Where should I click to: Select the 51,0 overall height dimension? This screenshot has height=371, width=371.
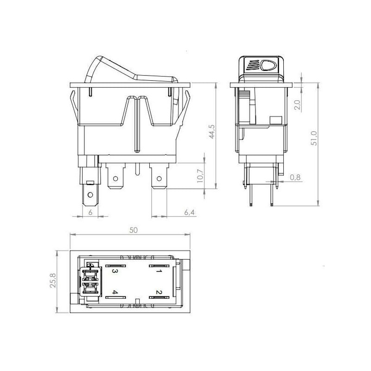tap(314, 138)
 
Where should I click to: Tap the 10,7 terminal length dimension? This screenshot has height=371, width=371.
tap(200, 176)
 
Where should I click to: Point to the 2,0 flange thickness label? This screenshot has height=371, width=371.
tap(297, 105)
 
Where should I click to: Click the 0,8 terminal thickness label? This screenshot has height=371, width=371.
tap(295, 177)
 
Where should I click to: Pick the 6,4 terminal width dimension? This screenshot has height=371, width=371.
tap(189, 212)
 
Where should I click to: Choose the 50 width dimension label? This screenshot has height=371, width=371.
tap(134, 230)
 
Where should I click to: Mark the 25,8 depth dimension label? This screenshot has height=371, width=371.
tap(53, 281)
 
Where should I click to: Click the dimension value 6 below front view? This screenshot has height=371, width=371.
tap(90, 212)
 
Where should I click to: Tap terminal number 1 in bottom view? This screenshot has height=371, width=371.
tap(159, 271)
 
